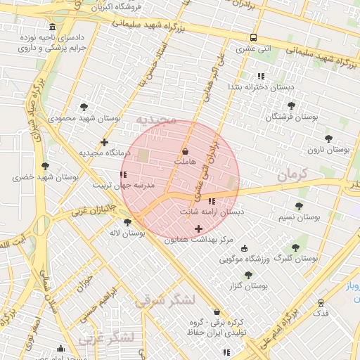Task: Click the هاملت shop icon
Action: click(x=185, y=151)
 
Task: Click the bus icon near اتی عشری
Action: click(x=253, y=38)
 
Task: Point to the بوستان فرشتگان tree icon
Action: click(x=291, y=105)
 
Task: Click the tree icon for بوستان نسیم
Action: click(x=299, y=206)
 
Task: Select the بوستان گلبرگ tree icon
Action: click(x=295, y=247)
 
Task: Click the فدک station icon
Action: click(x=321, y=302)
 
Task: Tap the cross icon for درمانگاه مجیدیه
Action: click(x=104, y=143)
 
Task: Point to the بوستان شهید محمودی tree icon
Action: click(x=84, y=107)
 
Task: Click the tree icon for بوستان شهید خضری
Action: click(x=46, y=166)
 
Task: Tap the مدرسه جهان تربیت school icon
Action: click(x=123, y=174)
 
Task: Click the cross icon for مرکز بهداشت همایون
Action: click(x=198, y=229)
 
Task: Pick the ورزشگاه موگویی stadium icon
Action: click(x=244, y=248)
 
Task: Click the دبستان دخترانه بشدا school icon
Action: click(x=260, y=75)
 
